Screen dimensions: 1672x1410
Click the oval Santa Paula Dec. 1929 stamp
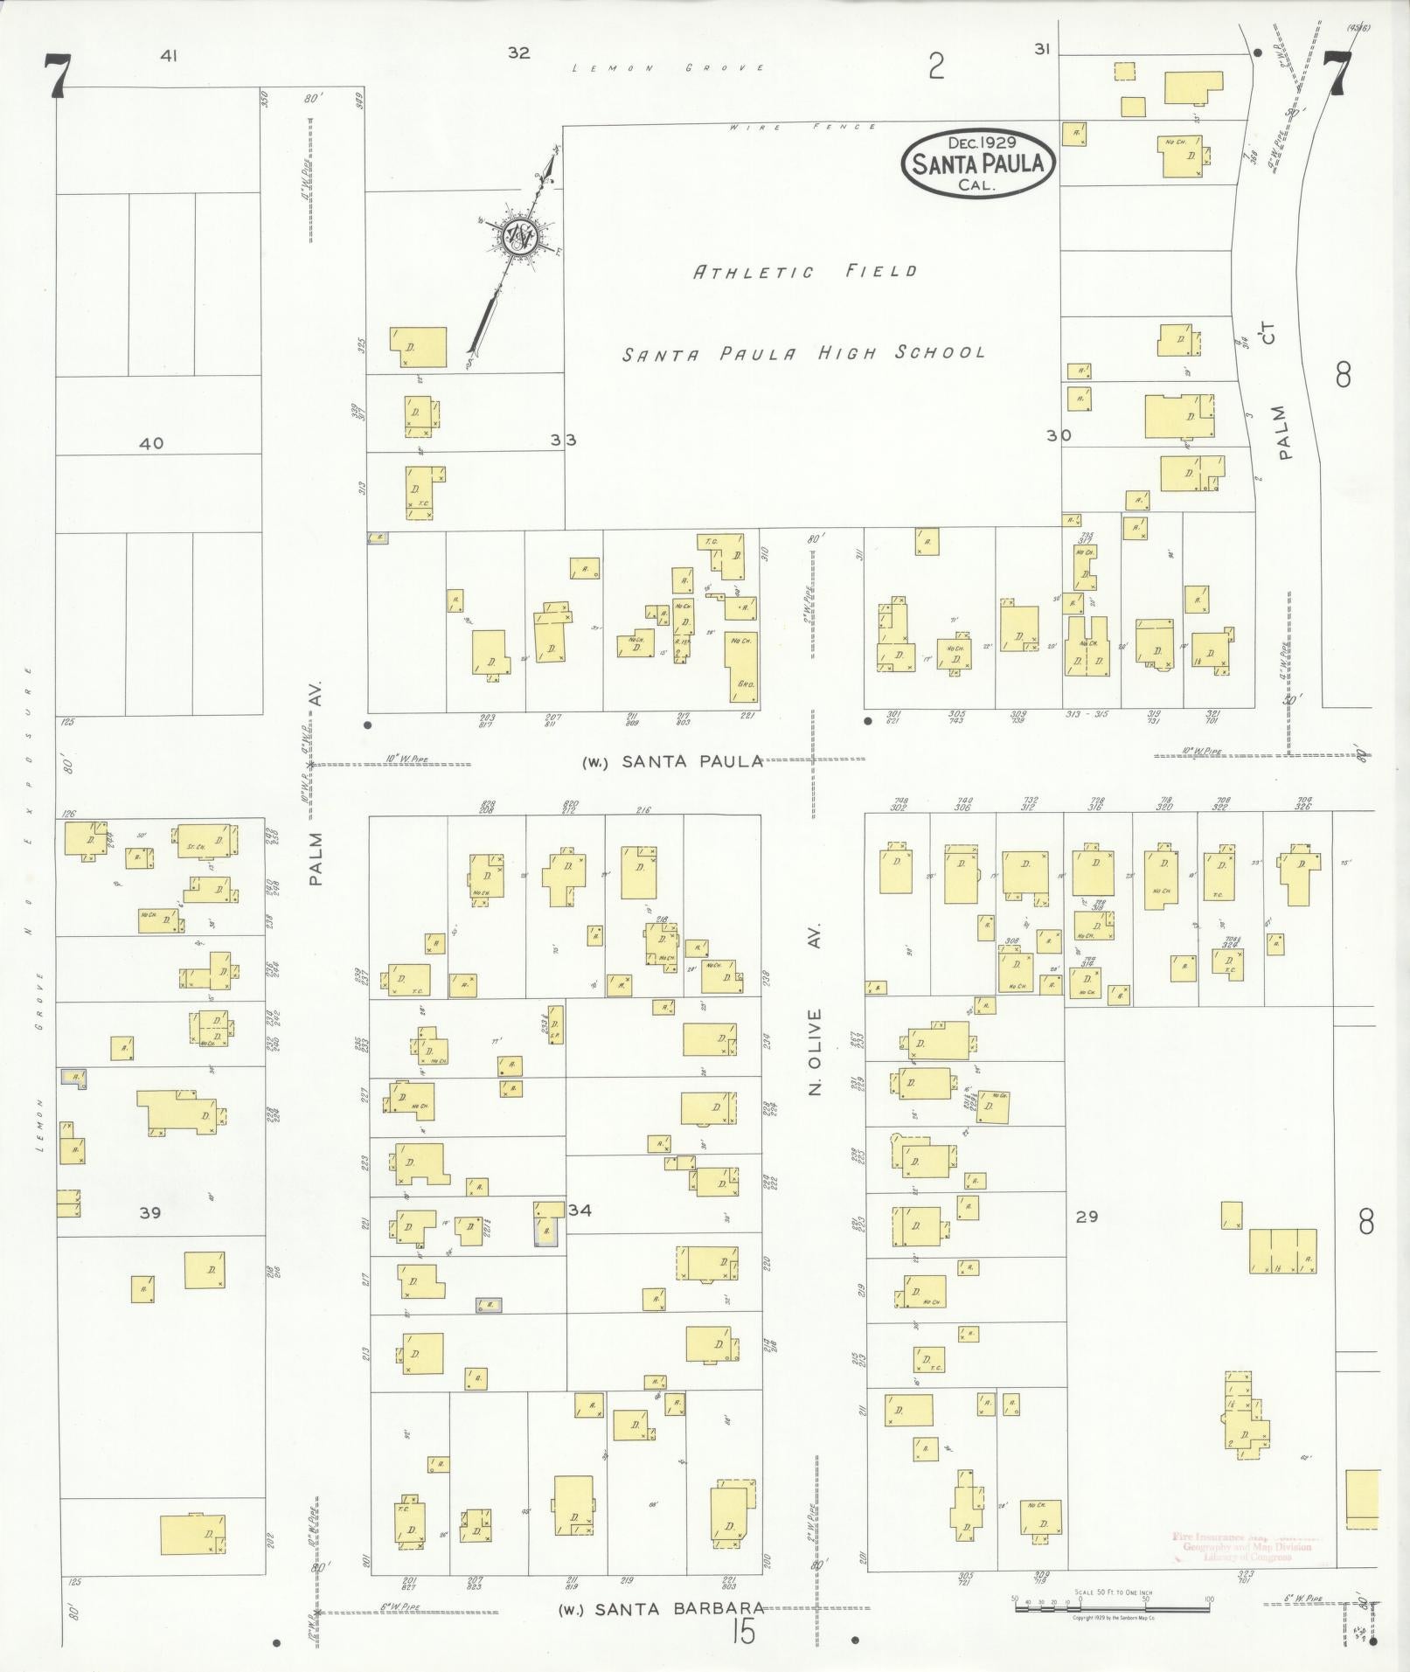pyautogui.click(x=978, y=163)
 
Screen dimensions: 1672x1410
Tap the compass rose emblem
pyautogui.click(x=520, y=237)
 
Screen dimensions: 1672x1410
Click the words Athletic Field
pyautogui.click(x=805, y=272)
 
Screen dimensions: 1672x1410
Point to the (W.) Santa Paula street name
pyautogui.click(x=673, y=761)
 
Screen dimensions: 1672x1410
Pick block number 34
pyautogui.click(x=580, y=1211)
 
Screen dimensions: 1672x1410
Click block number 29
pyautogui.click(x=1087, y=1217)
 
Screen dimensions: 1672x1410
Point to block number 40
pyautogui.click(x=151, y=444)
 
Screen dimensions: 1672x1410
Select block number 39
pyautogui.click(x=150, y=1213)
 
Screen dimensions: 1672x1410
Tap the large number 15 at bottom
pyautogui.click(x=743, y=1632)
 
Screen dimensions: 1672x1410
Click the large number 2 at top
pyautogui.click(x=937, y=66)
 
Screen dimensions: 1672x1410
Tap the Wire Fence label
pyautogui.click(x=804, y=128)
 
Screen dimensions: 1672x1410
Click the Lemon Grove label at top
pyautogui.click(x=669, y=68)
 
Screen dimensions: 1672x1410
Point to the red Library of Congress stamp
pyautogui.click(x=1246, y=1547)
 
